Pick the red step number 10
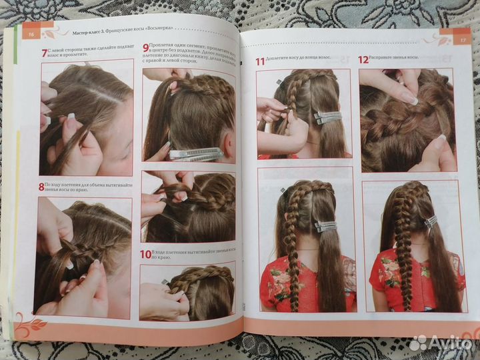coord(146,254)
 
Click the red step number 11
coord(261,61)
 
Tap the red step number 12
coord(363,59)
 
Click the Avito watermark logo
coord(440,343)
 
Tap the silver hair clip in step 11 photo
coord(328,117)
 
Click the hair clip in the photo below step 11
coord(326,226)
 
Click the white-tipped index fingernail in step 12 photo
coord(409,98)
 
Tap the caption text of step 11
coord(299,61)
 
